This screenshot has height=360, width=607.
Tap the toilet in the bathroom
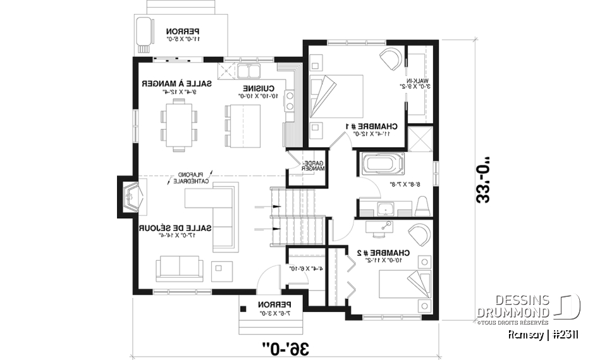tap(424, 206)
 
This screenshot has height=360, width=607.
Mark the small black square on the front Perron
tap(243, 309)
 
